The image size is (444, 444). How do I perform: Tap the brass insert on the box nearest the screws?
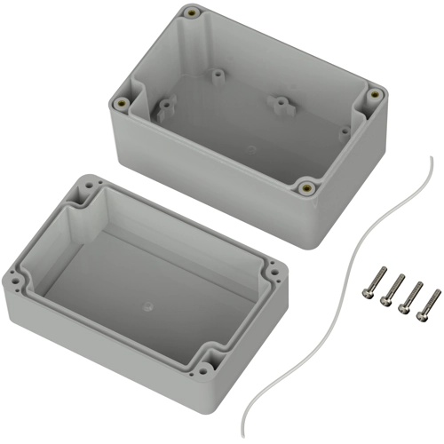pos(306,187)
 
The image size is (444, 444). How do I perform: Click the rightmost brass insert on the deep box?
pos(375,94)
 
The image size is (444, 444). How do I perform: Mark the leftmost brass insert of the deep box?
pos(117,103)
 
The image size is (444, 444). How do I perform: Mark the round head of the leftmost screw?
pos(366,290)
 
